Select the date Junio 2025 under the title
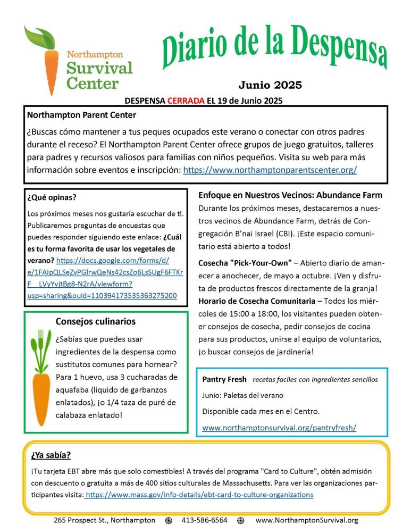pyautogui.click(x=270, y=85)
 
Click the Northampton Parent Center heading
pyautogui.click(x=81, y=115)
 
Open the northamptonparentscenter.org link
pyautogui.click(x=270, y=170)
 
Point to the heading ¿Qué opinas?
pyautogui.click(x=52, y=197)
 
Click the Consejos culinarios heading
pyautogui.click(x=96, y=321)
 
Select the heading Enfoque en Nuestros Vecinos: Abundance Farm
pyautogui.click(x=290, y=195)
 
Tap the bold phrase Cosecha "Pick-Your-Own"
pyautogui.click(x=245, y=263)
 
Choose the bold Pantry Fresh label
pyautogui.click(x=224, y=380)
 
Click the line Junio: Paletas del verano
pyautogui.click(x=242, y=396)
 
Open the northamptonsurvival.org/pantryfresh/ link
pyautogui.click(x=279, y=427)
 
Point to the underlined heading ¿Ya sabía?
pyautogui.click(x=50, y=455)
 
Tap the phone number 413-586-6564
pyautogui.click(x=205, y=520)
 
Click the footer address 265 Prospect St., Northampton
pyautogui.click(x=105, y=520)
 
